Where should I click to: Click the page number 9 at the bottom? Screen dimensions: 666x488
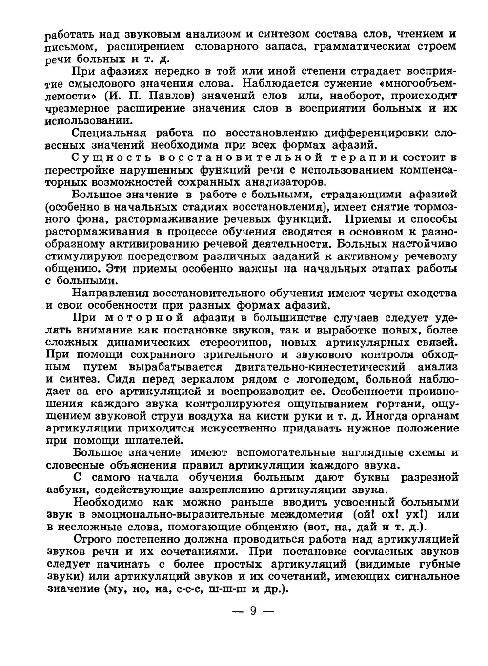click(252, 610)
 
